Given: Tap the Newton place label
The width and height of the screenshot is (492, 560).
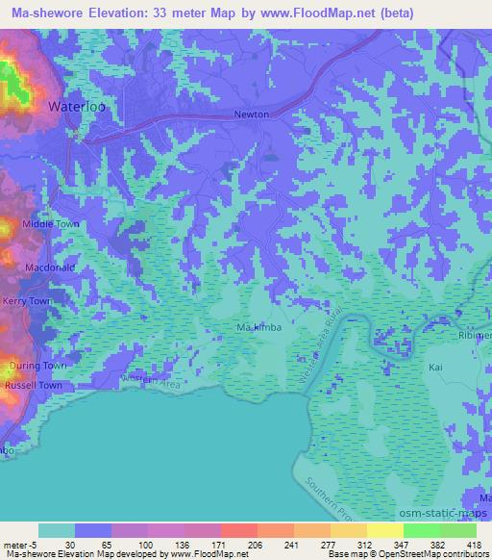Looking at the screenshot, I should coord(252,115).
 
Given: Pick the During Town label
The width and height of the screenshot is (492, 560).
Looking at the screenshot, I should coord(36,367).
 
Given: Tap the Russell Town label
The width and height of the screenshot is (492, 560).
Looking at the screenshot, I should coord(36,385).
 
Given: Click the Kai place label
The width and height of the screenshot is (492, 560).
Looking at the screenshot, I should coord(434,368).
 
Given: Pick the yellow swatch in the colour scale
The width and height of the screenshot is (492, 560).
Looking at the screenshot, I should coord(385,529).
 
